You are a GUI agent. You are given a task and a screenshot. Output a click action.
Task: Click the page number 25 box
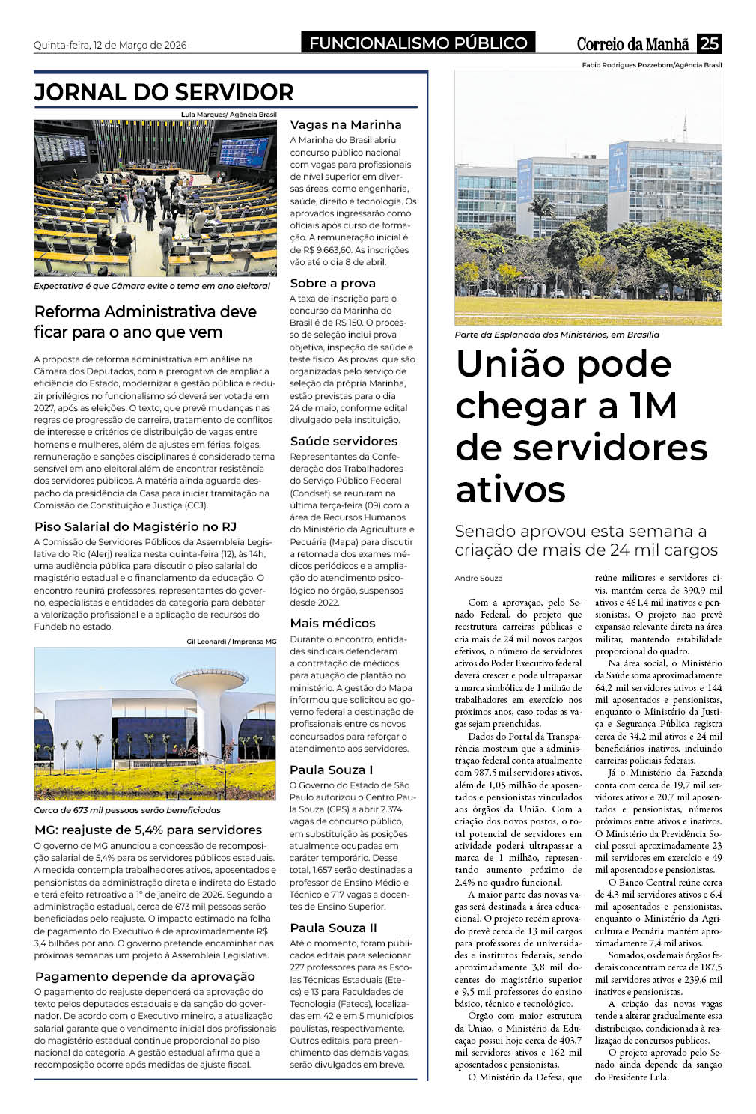(708, 43)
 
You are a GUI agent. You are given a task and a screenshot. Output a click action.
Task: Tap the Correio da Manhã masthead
(632, 44)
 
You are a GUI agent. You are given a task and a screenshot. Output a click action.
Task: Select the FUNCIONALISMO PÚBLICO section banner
(418, 43)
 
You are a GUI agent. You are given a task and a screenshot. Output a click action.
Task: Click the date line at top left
(110, 45)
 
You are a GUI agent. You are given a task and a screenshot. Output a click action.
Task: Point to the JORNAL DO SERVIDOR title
(164, 92)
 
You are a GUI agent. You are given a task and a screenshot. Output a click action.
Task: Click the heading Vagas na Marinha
(346, 124)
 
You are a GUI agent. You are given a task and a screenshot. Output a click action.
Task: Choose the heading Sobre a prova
(332, 283)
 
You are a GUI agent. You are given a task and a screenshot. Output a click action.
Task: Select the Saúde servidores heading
(344, 441)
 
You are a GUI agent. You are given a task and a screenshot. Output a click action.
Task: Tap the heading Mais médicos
(332, 623)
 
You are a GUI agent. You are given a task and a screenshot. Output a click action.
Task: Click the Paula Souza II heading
(333, 928)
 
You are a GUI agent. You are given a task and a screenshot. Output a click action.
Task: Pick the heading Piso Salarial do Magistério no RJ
(135, 526)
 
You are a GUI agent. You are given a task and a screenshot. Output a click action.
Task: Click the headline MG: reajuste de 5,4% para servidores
(148, 830)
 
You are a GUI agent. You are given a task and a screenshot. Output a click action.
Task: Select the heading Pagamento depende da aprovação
(145, 976)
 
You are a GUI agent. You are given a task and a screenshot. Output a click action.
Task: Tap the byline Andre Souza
(478, 578)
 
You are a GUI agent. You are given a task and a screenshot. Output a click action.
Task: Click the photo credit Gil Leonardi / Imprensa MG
(231, 641)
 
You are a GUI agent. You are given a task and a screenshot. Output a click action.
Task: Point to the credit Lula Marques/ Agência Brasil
(228, 115)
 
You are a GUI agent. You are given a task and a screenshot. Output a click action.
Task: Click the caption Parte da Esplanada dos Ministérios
(557, 335)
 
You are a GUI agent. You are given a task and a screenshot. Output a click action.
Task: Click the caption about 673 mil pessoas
(127, 810)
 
